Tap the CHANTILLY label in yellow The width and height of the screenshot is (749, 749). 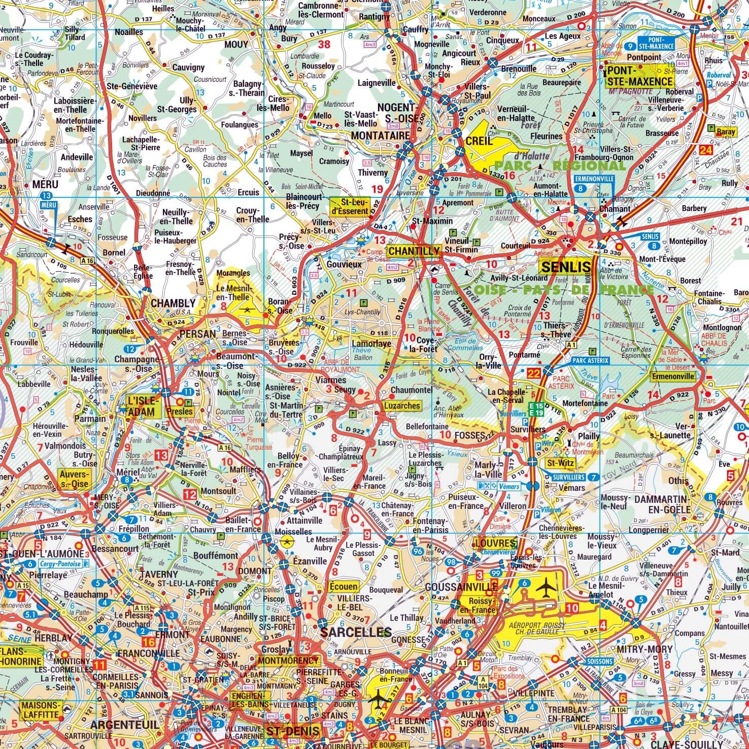pos(414,251)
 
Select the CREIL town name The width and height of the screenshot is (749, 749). pos(479,141)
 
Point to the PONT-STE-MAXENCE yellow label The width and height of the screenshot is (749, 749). pos(640,76)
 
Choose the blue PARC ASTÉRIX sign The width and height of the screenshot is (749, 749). pos(590,360)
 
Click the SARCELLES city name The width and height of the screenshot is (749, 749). pos(354,633)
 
